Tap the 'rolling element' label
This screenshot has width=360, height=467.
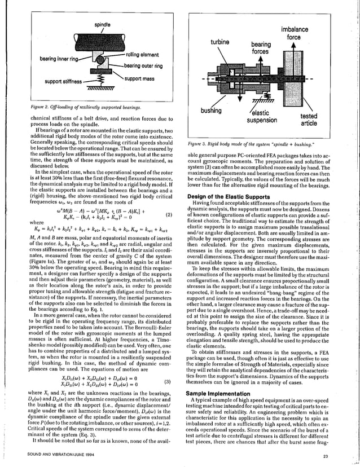[142, 55]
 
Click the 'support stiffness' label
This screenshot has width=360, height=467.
[60, 82]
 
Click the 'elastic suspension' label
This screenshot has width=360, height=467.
[262, 116]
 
